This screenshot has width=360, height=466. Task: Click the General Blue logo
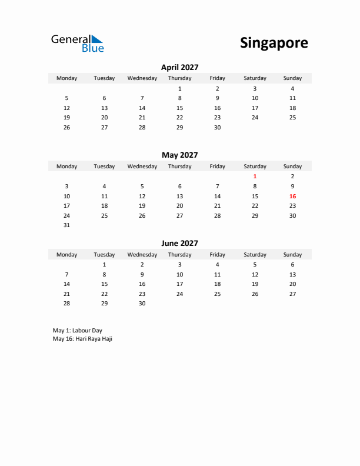(x=77, y=43)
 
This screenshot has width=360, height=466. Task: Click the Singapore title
(x=274, y=43)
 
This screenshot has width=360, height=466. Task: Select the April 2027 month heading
(x=179, y=68)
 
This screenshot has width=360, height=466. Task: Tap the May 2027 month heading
(x=179, y=155)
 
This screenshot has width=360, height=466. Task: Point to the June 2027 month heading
(x=179, y=243)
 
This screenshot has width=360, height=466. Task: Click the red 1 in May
(x=255, y=176)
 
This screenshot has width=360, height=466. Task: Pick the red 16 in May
(x=292, y=196)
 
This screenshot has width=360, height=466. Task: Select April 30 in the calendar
(x=217, y=128)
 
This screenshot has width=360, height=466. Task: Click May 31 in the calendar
(x=66, y=225)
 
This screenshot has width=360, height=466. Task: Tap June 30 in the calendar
(x=142, y=304)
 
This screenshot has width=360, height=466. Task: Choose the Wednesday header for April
(x=142, y=78)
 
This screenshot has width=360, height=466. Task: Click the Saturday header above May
(x=255, y=167)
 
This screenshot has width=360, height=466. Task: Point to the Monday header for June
(x=66, y=255)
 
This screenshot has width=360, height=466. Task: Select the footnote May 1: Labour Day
(x=77, y=331)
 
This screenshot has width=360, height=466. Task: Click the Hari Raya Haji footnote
(x=82, y=339)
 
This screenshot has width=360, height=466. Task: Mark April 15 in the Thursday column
(x=179, y=108)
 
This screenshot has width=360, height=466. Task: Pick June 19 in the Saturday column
(x=255, y=284)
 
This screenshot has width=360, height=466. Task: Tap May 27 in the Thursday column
(x=179, y=215)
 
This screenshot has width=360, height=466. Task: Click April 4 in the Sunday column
(x=292, y=88)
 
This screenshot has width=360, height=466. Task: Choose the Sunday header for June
(x=292, y=255)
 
